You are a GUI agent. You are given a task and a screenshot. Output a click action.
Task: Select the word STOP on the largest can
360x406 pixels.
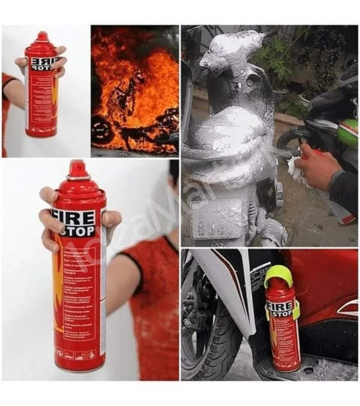(76, 231)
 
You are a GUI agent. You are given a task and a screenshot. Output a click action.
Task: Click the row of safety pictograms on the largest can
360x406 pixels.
(78, 355)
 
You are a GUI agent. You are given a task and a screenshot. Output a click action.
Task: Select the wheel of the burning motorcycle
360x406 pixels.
(102, 130)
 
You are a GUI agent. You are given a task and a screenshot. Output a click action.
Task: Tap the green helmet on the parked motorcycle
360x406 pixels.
(348, 133)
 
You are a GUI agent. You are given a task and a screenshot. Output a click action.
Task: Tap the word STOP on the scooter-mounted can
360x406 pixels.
(282, 313)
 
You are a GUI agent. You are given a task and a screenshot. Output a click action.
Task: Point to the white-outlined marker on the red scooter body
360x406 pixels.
(347, 308)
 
